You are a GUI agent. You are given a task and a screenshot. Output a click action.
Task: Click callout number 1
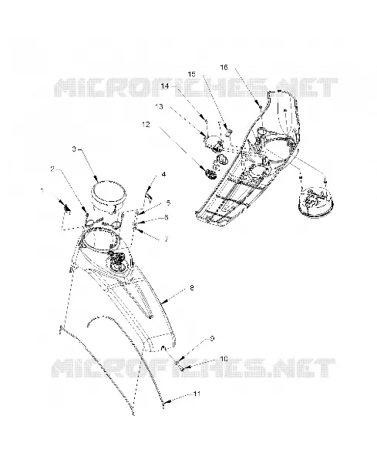(42, 190)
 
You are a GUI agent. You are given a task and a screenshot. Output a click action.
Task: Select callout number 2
(52, 169)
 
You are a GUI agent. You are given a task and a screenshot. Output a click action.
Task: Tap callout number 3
(75, 149)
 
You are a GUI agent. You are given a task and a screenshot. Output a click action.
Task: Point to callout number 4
(163, 174)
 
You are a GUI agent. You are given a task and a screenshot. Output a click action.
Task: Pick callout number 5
(168, 203)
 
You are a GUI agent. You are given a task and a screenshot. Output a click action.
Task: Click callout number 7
(167, 239)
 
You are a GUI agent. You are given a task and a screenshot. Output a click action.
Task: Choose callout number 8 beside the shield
(191, 287)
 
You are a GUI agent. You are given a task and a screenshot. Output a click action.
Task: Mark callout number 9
(212, 338)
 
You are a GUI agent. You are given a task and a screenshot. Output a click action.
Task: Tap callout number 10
(224, 359)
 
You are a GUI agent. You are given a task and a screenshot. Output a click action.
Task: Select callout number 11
(197, 394)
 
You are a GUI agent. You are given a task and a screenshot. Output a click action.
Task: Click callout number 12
(146, 125)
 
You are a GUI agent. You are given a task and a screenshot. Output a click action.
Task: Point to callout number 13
(159, 106)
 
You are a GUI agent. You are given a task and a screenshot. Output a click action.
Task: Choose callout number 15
(192, 74)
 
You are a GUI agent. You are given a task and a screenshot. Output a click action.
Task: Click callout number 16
(224, 67)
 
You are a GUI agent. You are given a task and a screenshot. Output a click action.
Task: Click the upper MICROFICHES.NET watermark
(196, 87)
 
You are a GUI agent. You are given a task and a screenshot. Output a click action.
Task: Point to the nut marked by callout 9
(177, 363)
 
